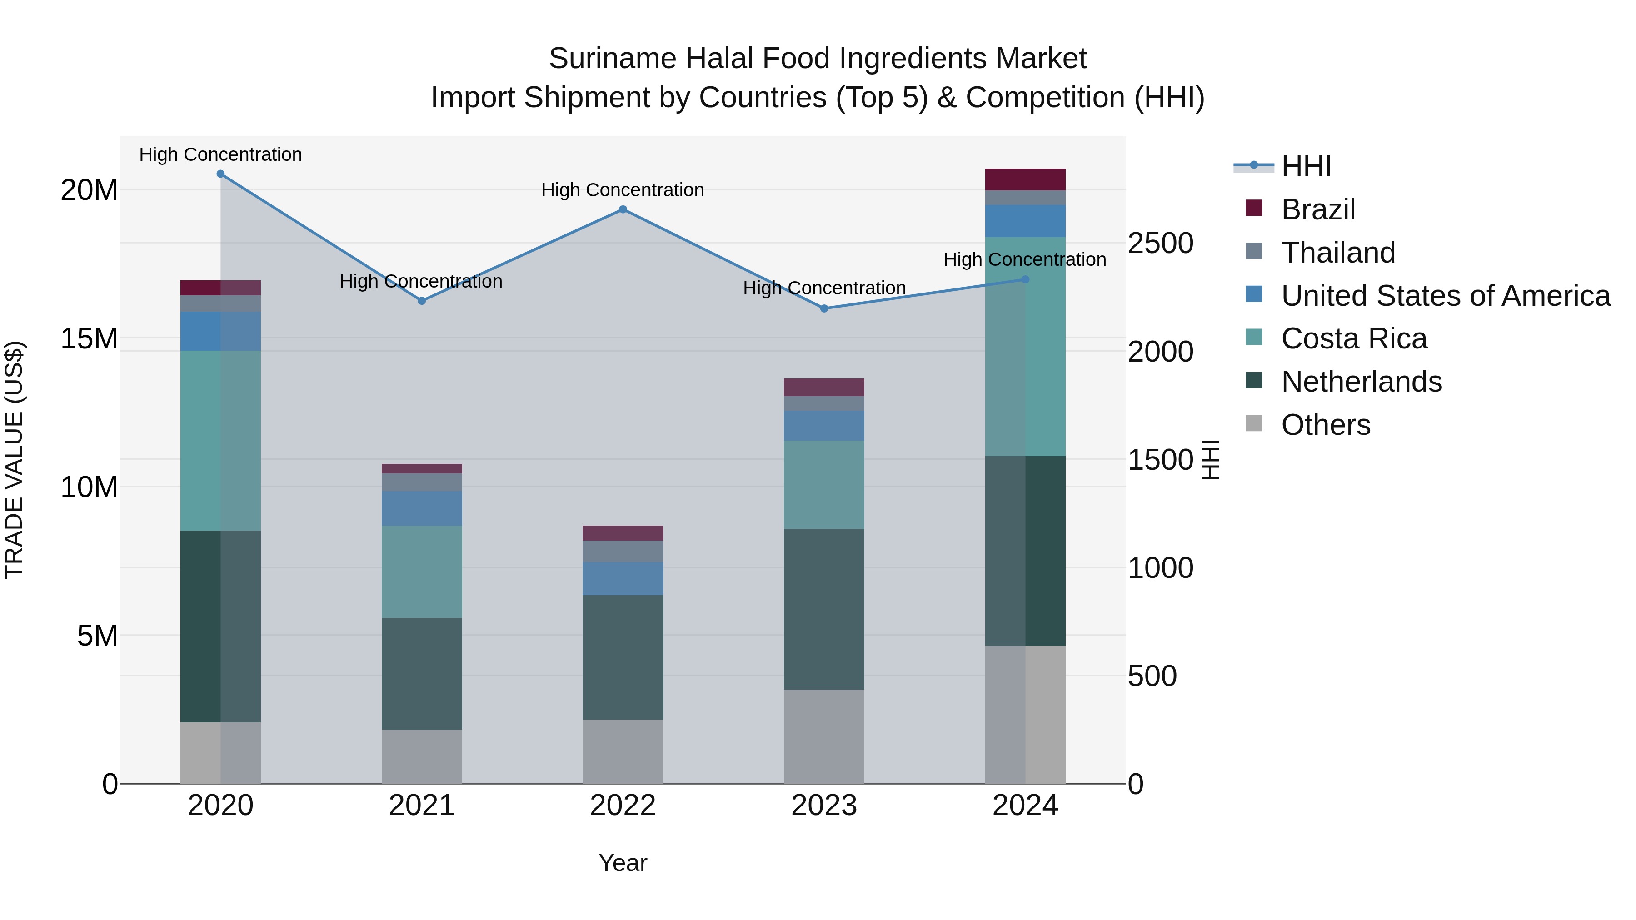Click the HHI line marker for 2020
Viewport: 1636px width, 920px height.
point(220,174)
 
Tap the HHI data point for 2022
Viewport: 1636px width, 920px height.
point(623,209)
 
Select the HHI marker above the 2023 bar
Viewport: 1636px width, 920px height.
point(824,308)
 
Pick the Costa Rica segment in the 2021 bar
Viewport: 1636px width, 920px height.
point(422,572)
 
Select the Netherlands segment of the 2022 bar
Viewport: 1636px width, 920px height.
point(623,657)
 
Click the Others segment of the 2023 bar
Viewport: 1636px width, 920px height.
point(824,736)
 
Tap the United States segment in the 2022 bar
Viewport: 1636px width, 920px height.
point(623,578)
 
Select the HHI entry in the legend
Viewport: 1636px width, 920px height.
point(1305,166)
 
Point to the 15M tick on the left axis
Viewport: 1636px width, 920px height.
point(89,339)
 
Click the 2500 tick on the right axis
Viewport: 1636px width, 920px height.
point(1160,244)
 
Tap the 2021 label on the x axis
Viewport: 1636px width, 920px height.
point(422,806)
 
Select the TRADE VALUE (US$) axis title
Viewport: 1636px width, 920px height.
point(14,460)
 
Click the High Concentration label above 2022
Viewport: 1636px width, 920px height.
point(623,190)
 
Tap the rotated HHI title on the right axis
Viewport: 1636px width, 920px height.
point(1211,460)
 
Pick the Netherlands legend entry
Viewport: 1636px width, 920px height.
point(1361,382)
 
